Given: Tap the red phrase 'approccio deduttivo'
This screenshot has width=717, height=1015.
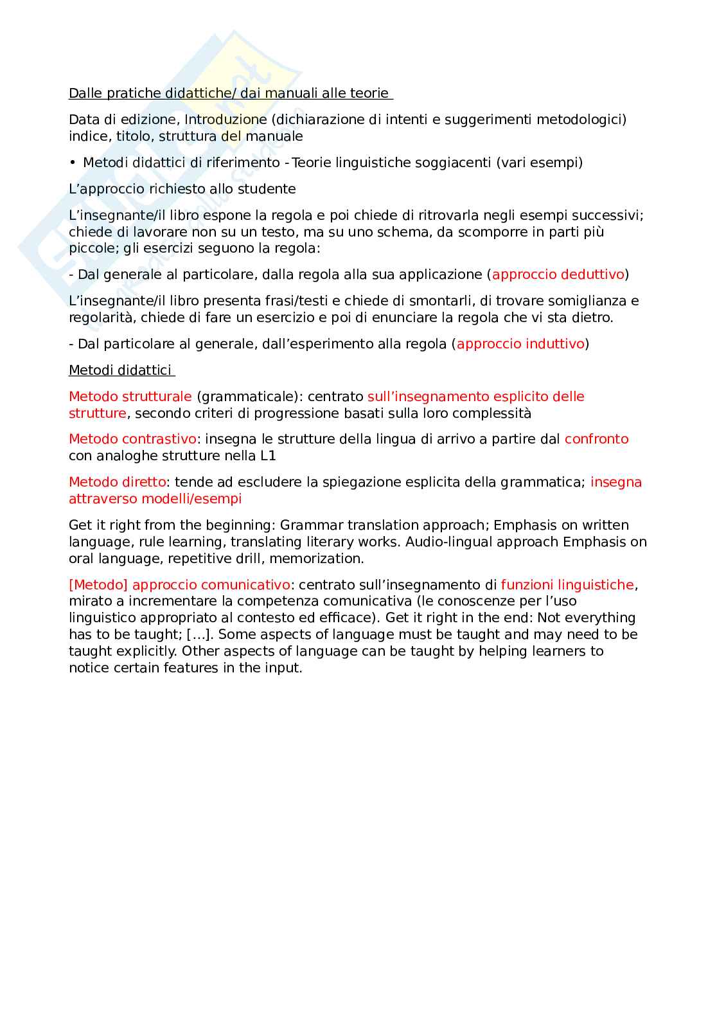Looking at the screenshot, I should (x=558, y=274).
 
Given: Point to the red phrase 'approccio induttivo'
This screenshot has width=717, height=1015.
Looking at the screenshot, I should (x=520, y=344).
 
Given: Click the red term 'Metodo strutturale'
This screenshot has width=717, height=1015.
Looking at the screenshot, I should (x=130, y=397).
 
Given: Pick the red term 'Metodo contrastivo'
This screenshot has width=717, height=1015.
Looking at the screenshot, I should (x=132, y=439).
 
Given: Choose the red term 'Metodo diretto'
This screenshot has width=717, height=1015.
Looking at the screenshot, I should (x=117, y=482).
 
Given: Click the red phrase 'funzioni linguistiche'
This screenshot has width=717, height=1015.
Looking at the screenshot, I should (x=567, y=585).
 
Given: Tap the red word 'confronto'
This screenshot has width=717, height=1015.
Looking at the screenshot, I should (x=596, y=439).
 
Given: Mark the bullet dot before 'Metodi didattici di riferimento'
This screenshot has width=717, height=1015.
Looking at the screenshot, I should (x=73, y=163).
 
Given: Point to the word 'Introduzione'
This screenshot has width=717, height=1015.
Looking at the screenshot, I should (x=226, y=120).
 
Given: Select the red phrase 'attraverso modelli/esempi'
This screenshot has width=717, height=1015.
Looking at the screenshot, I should (x=155, y=499).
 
